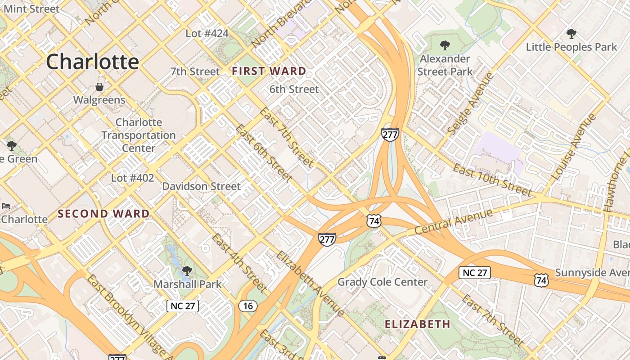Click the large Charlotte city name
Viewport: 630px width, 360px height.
pos(92,62)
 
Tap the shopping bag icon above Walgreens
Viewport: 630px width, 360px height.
pos(99,87)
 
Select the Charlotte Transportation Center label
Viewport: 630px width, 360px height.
pos(138,135)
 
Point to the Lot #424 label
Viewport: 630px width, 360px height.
pos(207,33)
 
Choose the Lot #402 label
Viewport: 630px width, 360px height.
pos(132,178)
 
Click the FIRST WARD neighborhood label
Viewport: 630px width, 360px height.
pos(269,71)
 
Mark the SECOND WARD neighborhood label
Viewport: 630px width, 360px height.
pos(103,214)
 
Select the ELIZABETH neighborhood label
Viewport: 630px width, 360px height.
pos(417,324)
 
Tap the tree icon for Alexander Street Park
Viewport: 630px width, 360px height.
pos(445,45)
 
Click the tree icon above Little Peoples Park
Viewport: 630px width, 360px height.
pos(571,33)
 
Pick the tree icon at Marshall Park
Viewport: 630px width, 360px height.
pos(187,271)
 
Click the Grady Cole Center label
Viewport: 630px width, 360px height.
pos(382,282)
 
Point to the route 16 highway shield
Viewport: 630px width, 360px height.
pos(248,306)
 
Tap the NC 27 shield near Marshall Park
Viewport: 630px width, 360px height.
pos(183,306)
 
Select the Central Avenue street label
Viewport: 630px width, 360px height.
pos(454,222)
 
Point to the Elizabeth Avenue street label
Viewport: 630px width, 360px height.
pos(310,284)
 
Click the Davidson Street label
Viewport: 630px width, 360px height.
pos(201,186)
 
